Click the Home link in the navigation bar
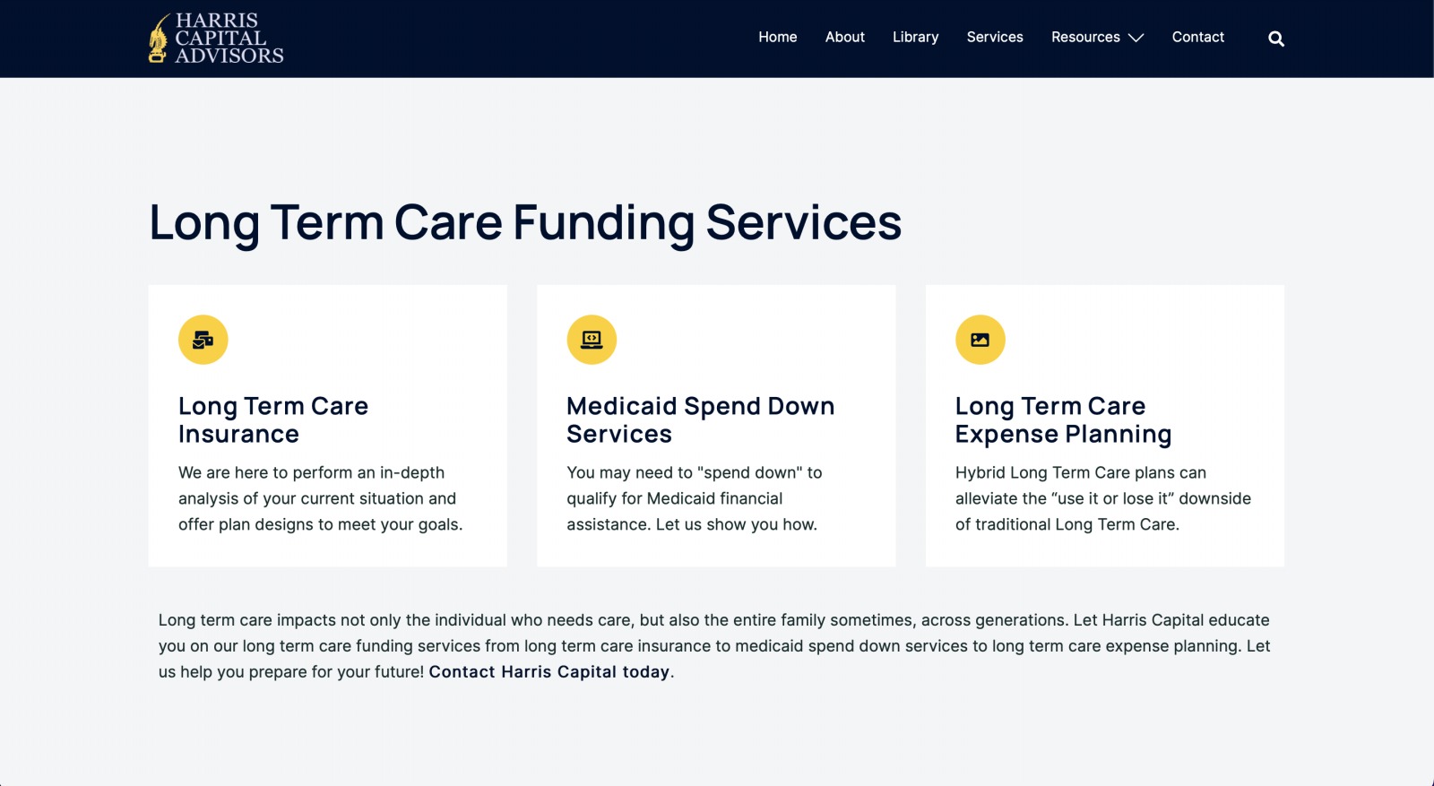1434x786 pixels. coord(777,37)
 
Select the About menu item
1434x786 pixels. coord(844,37)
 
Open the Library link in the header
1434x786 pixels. coord(915,38)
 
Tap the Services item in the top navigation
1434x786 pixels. coord(995,37)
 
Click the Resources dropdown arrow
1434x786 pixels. coord(1136,39)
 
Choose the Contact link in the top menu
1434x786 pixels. coord(1197,37)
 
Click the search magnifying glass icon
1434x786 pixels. coord(1276,39)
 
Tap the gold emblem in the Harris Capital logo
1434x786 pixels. coord(158,39)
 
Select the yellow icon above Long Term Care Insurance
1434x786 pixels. coord(203,340)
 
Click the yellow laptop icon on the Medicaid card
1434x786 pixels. coord(592,340)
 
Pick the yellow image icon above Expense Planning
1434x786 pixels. coord(980,340)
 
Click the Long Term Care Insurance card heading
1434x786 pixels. coord(273,419)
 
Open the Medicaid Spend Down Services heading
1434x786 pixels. coord(700,419)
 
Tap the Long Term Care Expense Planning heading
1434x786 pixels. coord(1063,419)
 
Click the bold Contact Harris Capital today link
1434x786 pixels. coord(549,671)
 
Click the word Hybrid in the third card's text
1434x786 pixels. coord(980,473)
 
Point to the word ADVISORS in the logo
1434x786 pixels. coord(229,56)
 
